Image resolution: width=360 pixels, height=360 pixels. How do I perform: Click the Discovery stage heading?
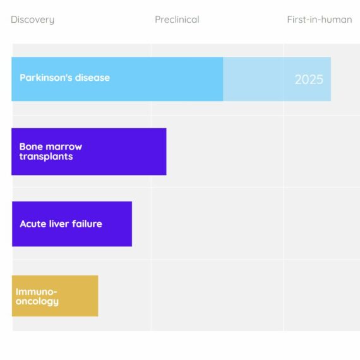click(33, 20)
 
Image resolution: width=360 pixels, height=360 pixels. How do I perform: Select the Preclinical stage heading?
click(177, 20)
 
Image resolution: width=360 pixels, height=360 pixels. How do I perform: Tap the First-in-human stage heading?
click(320, 20)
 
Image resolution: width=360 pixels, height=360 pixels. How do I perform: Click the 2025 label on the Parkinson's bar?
click(309, 80)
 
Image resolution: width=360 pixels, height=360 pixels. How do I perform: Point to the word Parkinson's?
click(46, 78)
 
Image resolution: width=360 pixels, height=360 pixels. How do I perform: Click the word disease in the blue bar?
click(92, 78)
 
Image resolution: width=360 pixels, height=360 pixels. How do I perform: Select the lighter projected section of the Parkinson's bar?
click(277, 79)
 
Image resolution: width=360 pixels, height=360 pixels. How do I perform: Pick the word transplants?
click(46, 157)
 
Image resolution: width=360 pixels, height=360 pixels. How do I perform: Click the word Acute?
click(33, 224)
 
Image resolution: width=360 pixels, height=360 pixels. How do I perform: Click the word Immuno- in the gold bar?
click(36, 292)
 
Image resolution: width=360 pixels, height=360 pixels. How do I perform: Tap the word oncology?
click(37, 302)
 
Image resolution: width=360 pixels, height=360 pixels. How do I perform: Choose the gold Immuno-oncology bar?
click(55, 296)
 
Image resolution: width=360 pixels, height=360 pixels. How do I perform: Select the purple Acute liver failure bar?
click(72, 224)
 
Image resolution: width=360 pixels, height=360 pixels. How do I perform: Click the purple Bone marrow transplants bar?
click(89, 152)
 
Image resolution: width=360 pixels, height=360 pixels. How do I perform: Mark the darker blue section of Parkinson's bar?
click(117, 79)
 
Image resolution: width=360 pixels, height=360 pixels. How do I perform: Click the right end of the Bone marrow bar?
click(166, 152)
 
